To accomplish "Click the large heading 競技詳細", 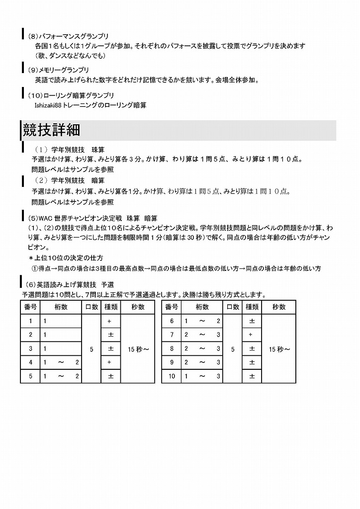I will pos(52,130).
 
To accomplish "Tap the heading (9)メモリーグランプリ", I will pos(59,70).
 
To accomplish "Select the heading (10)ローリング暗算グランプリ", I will pos(71,95).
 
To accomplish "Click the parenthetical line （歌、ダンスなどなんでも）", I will pos(70,55).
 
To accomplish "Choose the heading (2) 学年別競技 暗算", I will pos(70,180).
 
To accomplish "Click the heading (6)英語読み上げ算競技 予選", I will pos(70,285).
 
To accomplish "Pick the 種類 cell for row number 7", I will pos(252,335).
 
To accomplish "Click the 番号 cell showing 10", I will pos(172,376).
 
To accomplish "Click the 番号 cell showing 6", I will pos(172,321).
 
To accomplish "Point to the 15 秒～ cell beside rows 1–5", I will pos(138,349).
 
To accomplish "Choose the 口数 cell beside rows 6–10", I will pos(233,349).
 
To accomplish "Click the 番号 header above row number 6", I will pos(172,307).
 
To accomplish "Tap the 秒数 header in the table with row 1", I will pos(138,307).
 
